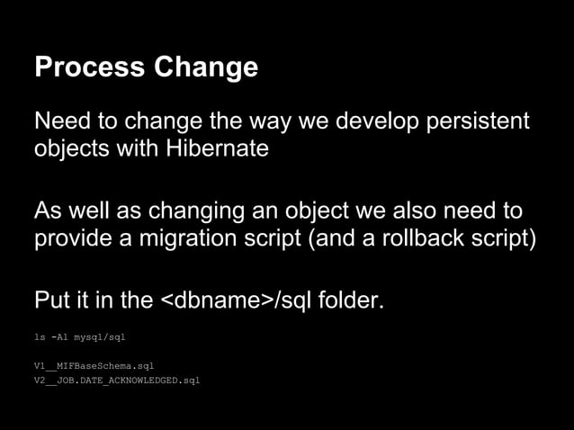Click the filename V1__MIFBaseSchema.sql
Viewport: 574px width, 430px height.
[x=98, y=366]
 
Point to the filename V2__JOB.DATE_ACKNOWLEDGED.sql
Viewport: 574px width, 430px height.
[x=116, y=381]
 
